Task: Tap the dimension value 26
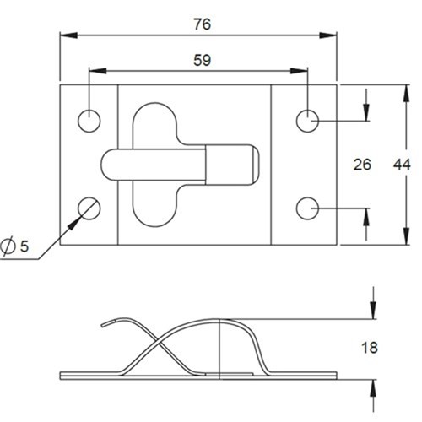pos(362,165)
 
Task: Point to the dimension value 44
pos(402,165)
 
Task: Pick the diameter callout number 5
pos(24,246)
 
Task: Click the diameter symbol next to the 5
pos(8,246)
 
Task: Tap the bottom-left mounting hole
pos(89,206)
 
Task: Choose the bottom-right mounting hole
pos(308,206)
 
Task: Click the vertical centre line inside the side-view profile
pos(219,346)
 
